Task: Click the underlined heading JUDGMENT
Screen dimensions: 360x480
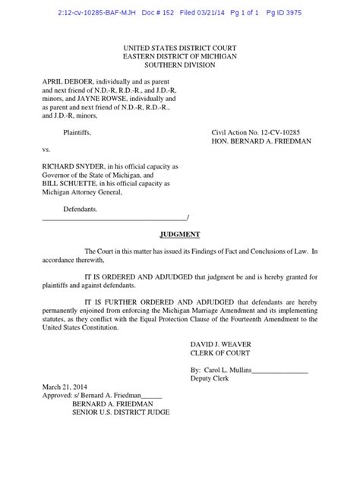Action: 180,235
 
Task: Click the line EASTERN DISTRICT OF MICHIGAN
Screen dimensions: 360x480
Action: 179,56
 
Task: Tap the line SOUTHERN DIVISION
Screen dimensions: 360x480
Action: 179,65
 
